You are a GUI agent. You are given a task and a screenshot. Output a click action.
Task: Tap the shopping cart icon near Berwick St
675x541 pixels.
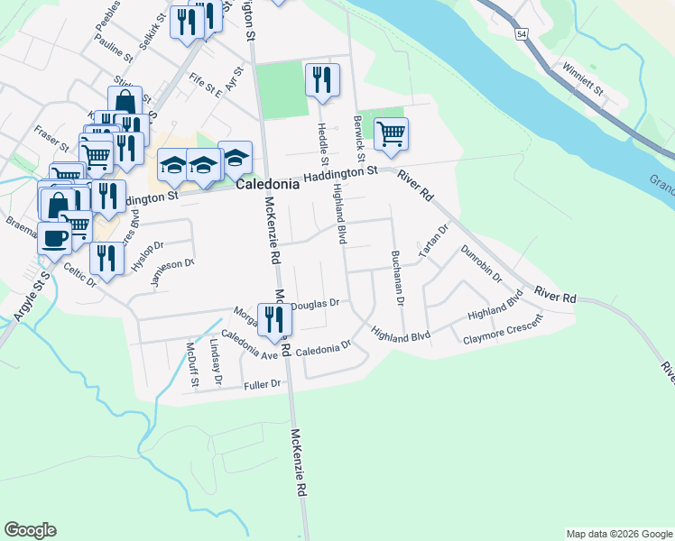tap(391, 134)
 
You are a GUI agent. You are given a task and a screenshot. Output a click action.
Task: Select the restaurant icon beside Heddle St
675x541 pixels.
tap(321, 81)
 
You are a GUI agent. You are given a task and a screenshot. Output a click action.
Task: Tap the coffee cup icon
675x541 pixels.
tap(54, 239)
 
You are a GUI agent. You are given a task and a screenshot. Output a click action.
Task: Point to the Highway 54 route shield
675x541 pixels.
tap(522, 33)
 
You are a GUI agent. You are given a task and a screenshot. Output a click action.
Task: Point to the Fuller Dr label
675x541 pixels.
tap(263, 385)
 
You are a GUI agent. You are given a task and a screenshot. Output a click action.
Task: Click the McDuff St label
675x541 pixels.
tap(191, 365)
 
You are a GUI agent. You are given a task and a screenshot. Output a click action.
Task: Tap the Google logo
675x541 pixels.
tap(30, 530)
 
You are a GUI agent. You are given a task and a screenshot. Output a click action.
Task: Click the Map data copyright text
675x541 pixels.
tap(619, 534)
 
